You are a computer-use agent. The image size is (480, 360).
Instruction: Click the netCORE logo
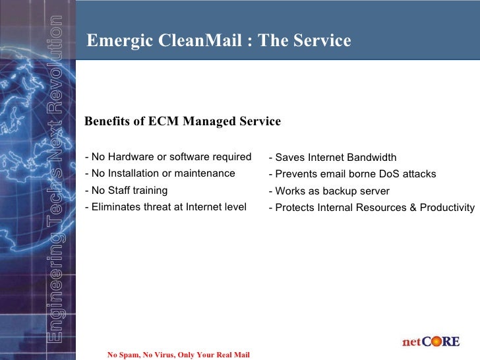tap(431, 342)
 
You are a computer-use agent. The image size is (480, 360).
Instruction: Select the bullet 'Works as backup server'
tap(329, 191)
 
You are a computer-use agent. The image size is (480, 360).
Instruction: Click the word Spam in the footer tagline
tap(130, 355)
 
